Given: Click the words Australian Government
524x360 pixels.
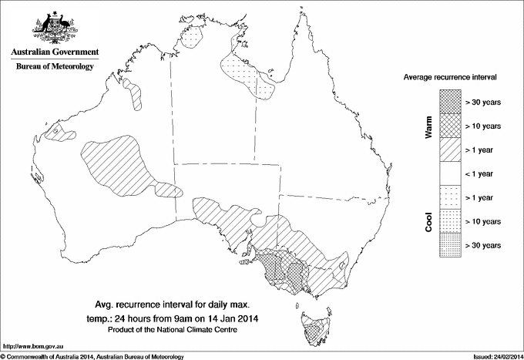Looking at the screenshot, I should [x=54, y=52].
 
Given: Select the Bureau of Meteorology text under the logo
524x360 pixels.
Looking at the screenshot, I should [x=54, y=67].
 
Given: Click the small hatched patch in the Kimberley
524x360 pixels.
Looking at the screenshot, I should [x=138, y=96].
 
